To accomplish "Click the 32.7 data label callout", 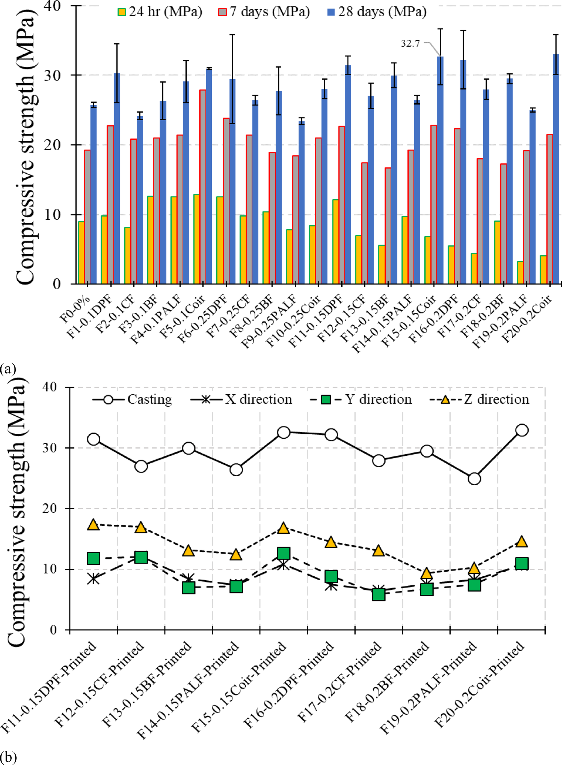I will [x=410, y=43].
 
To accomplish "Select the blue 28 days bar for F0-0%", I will [x=94, y=194].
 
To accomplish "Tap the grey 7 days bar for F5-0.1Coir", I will [x=203, y=187].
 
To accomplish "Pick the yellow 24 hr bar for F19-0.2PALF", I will [x=520, y=272].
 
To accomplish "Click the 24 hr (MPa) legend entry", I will [x=160, y=12].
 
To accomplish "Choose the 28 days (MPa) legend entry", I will [x=377, y=12].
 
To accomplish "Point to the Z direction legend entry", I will [x=480, y=399].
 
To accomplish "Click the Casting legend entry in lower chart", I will [x=133, y=399].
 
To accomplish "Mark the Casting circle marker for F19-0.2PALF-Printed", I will [x=474, y=479].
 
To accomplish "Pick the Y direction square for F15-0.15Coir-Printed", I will [x=284, y=553].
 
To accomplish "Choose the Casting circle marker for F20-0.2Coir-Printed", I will [x=522, y=430].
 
